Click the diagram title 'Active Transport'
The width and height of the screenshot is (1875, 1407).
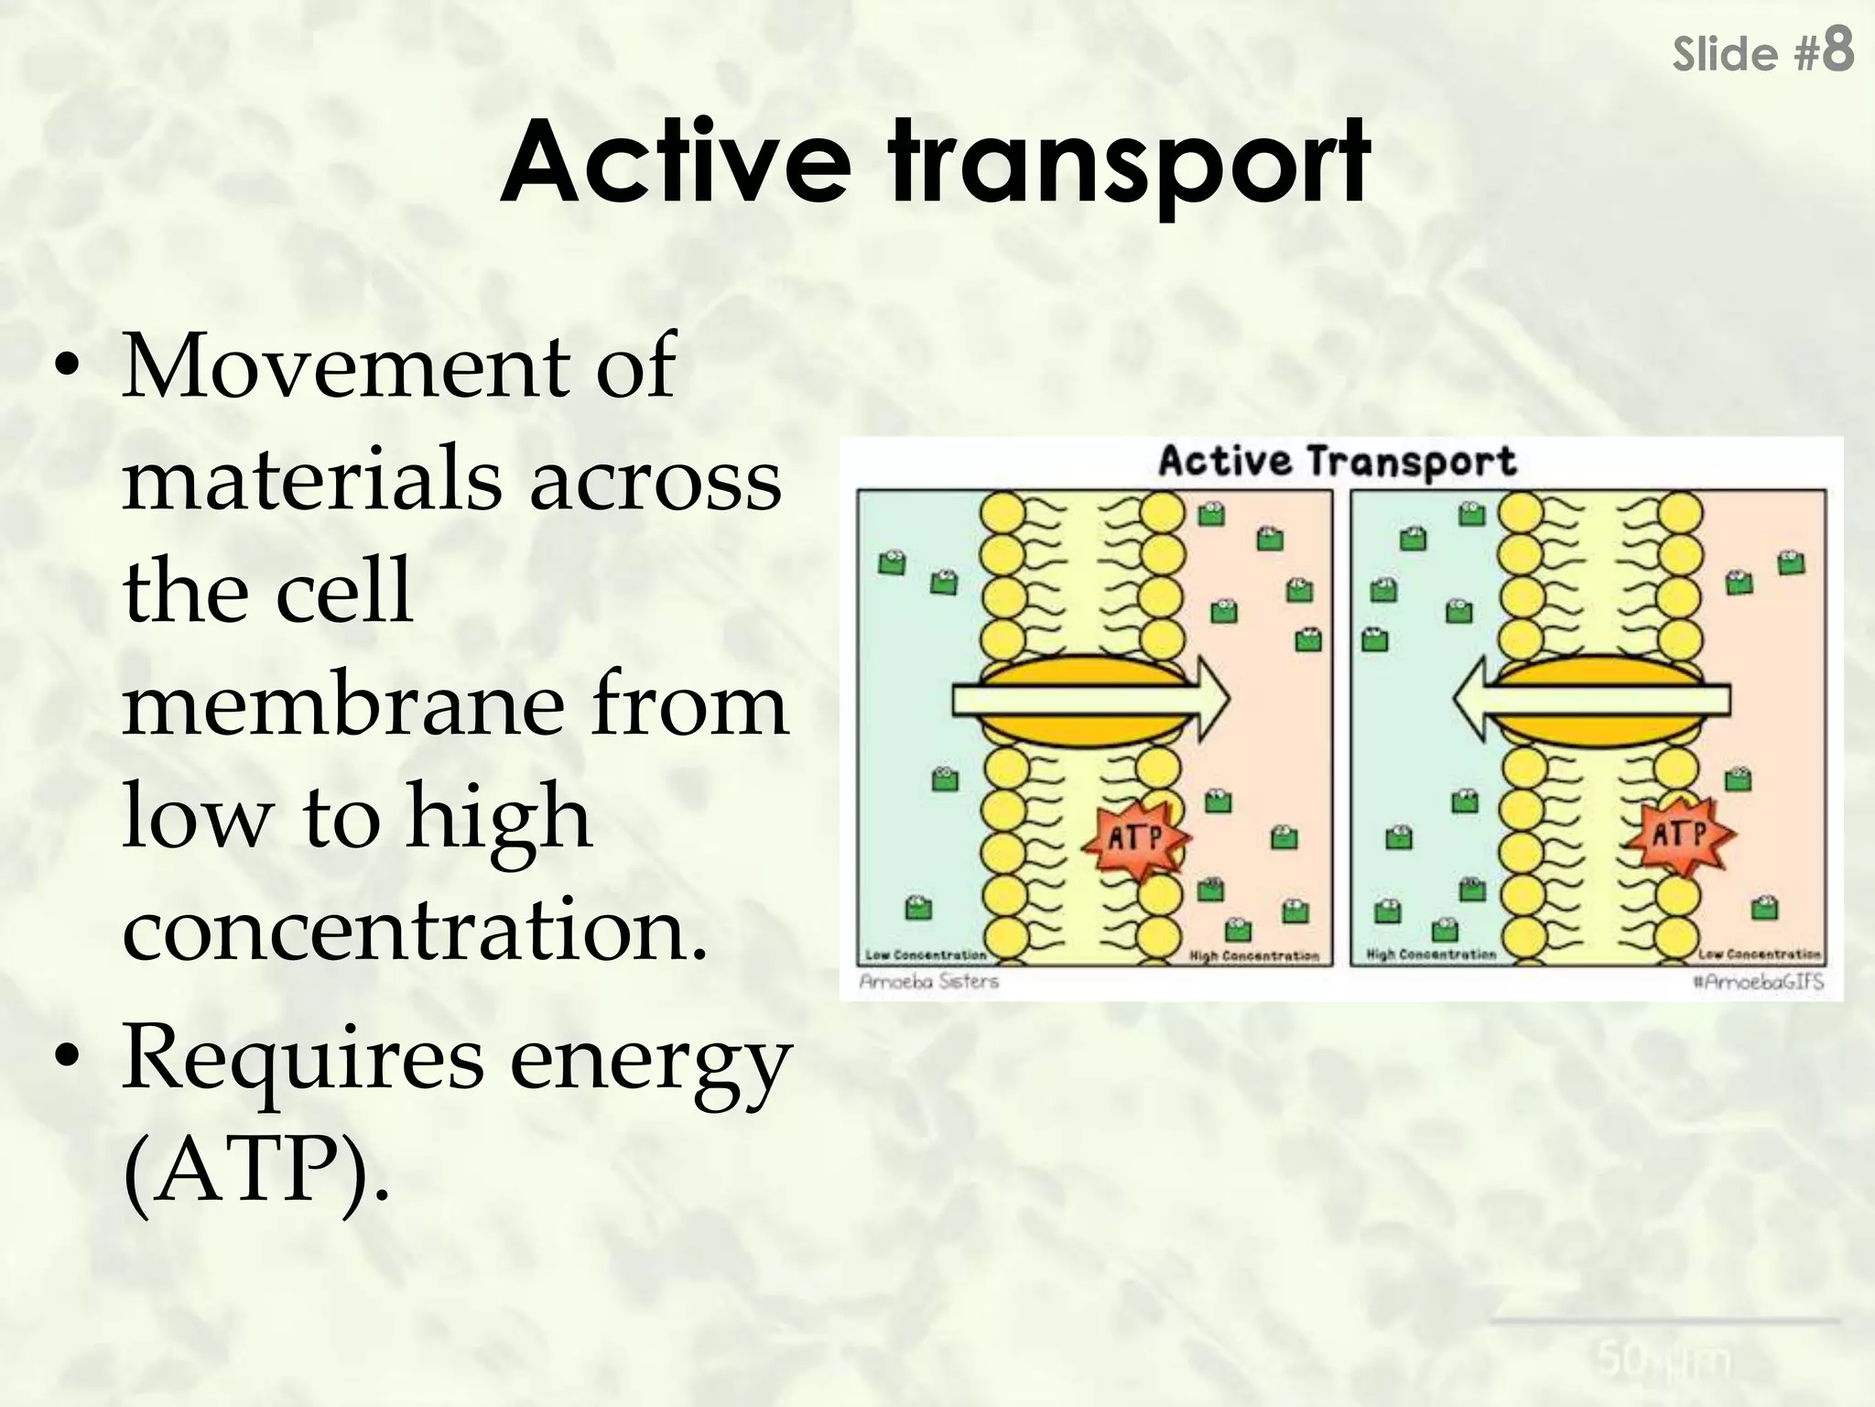(1337, 461)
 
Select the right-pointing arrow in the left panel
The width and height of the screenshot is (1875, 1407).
(1089, 701)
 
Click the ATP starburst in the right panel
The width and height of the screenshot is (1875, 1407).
(1681, 834)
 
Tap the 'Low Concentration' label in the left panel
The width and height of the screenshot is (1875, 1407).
(926, 954)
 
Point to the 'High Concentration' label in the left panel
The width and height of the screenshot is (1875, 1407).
(1253, 955)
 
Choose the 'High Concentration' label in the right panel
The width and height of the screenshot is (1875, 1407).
(1430, 954)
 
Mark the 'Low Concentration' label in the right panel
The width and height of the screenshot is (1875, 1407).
(1759, 954)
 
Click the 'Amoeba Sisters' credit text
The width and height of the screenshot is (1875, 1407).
(928, 982)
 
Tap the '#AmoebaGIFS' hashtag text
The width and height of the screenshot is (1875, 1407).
(1757, 982)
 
